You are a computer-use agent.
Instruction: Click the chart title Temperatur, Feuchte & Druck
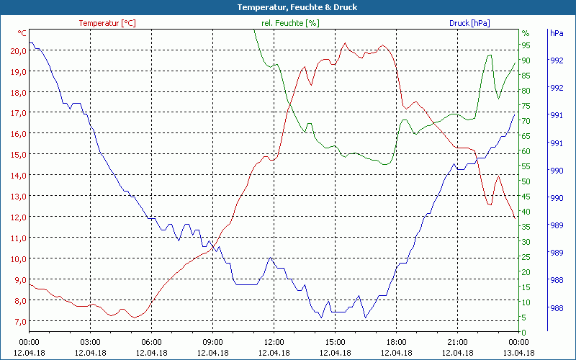[x=287, y=7]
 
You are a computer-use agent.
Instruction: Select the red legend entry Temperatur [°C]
[x=107, y=23]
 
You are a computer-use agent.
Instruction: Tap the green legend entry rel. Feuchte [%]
[x=289, y=23]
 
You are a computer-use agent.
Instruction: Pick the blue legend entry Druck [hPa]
[x=469, y=23]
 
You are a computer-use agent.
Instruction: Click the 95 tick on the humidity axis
[x=526, y=45]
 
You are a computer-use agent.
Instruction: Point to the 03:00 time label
[x=90, y=342]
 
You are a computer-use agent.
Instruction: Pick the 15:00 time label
[x=335, y=342]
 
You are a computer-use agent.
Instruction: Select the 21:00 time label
[x=457, y=342]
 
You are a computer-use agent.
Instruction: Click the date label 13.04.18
[x=518, y=353]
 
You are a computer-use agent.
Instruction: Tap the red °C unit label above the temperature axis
[x=22, y=33]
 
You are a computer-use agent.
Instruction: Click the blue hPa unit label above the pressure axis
[x=557, y=33]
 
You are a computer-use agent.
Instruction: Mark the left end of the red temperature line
[x=30, y=285]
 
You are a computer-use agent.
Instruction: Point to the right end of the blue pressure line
[x=515, y=114]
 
